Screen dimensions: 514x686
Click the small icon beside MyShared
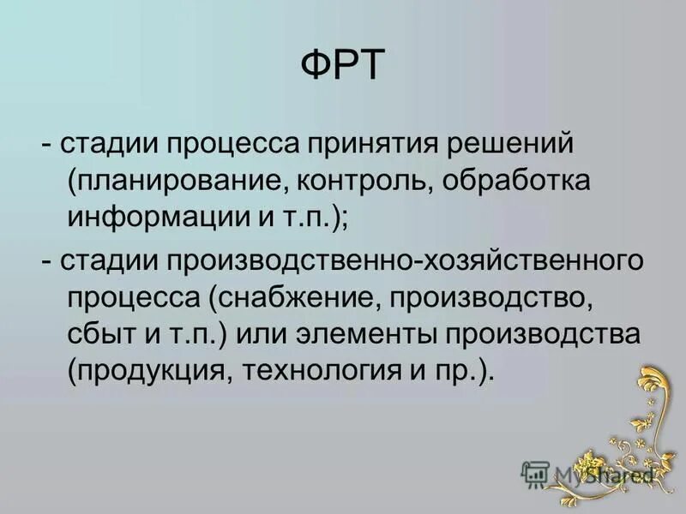535,474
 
